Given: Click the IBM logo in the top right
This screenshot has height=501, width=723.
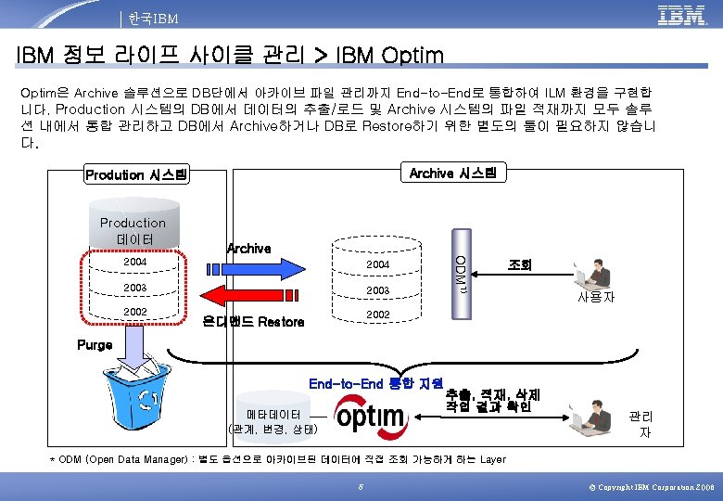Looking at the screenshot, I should tap(681, 16).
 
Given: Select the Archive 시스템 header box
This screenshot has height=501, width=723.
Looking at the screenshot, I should tap(452, 173).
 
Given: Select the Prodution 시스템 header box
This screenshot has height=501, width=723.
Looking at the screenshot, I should tap(135, 174).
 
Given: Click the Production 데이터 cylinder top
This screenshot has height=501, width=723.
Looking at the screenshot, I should tap(133, 229).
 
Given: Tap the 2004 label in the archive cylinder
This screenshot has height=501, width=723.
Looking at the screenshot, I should tap(377, 265).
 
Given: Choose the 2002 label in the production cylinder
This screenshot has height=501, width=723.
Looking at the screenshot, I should tap(135, 311).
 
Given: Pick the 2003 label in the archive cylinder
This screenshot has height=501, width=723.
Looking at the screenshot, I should tap(377, 290).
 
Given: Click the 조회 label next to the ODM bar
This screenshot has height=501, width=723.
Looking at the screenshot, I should tap(520, 264).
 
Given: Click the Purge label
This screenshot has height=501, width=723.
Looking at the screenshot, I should tap(94, 345).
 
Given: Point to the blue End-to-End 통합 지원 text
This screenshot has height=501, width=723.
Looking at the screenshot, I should tap(375, 381).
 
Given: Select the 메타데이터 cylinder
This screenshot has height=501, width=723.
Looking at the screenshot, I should tap(273, 413).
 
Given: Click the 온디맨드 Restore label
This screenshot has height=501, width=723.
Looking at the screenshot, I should tap(254, 322).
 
